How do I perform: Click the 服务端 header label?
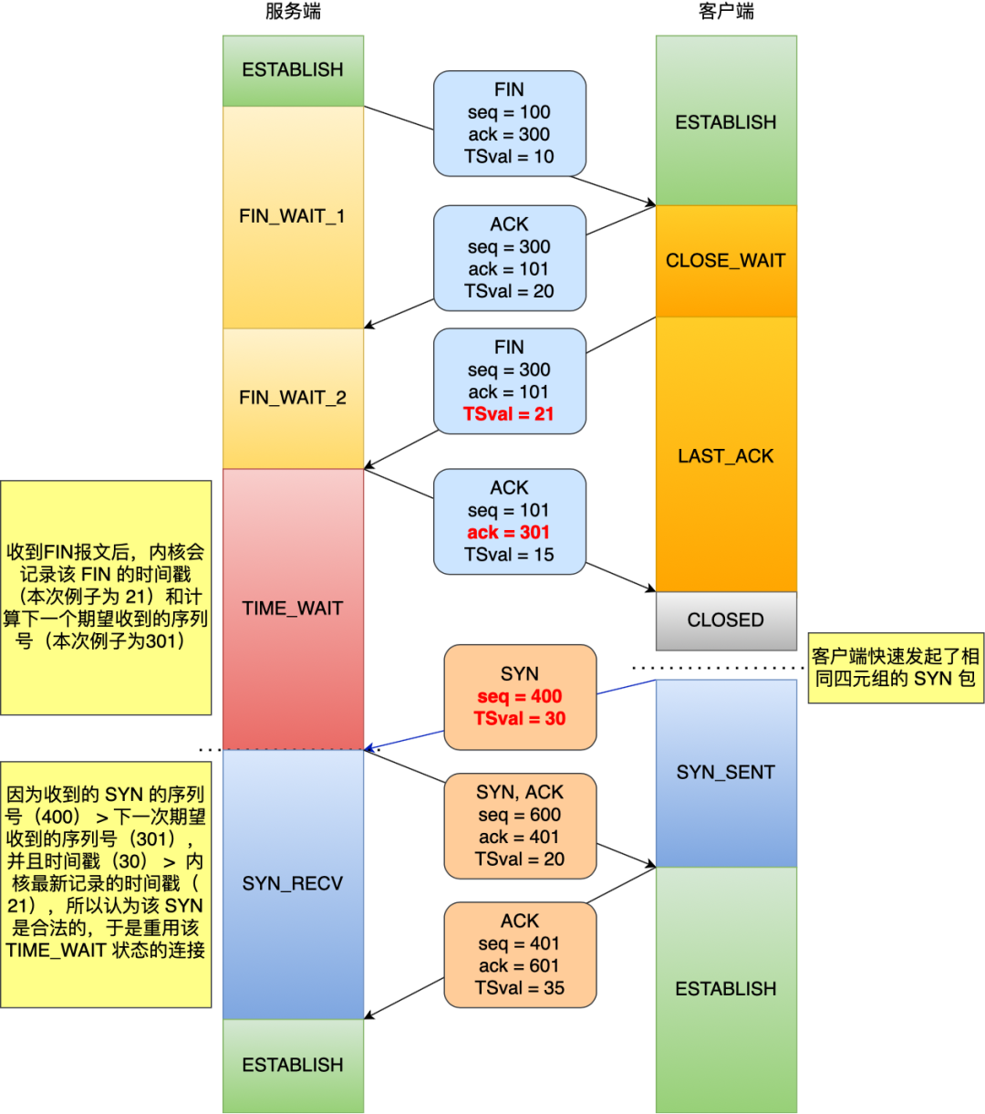coord(293,12)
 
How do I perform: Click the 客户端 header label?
coord(726,12)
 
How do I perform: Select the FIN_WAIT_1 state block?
coord(293,216)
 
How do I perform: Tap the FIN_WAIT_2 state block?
coord(293,398)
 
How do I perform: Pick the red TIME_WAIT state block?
coord(293,609)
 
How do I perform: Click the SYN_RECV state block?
coord(293,883)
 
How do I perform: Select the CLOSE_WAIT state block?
coord(726,261)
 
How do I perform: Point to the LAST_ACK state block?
coord(726,456)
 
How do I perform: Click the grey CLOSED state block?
coord(726,620)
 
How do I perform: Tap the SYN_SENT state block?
coord(726,773)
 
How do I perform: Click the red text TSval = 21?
coord(509,414)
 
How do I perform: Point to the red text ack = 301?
coord(509,533)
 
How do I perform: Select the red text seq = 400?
coord(520,697)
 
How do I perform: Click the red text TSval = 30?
coord(520,719)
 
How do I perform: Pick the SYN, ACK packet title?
coord(520,792)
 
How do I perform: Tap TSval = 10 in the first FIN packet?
coord(509,157)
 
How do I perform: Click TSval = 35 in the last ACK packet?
coord(520,988)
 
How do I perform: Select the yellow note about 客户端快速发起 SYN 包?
coord(896,668)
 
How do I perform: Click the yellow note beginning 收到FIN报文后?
coord(106,597)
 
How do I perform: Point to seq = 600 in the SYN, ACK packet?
coord(520,815)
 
